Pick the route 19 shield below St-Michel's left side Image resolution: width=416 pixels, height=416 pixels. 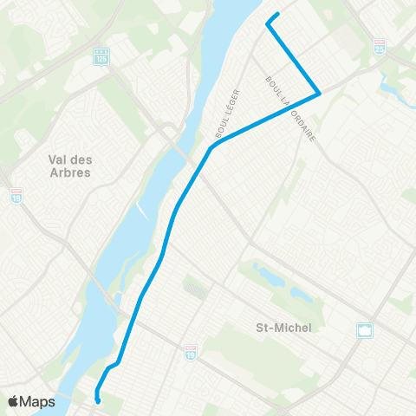tap(191, 352)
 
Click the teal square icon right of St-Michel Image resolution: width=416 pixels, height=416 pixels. tap(365, 330)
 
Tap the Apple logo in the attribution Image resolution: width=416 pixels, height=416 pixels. tap(14, 401)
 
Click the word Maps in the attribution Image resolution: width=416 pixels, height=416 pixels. tap(37, 401)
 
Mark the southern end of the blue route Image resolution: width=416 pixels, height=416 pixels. tap(98, 400)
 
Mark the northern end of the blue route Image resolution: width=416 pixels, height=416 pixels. tap(277, 15)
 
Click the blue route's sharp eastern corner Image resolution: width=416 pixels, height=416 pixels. tap(320, 93)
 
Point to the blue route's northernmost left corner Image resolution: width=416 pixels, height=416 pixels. tap(267, 24)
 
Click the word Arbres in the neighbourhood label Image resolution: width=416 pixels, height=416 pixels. tap(70, 172)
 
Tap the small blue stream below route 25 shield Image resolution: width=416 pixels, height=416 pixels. tap(387, 85)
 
